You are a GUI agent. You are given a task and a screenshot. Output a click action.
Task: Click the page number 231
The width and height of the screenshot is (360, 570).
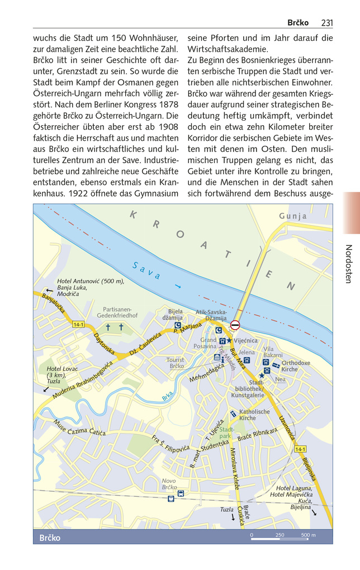pos(327,22)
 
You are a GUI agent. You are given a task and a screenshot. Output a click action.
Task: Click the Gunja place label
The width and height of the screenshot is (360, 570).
pos(293,216)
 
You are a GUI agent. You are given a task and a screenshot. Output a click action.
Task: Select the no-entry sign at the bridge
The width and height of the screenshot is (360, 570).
pos(235,325)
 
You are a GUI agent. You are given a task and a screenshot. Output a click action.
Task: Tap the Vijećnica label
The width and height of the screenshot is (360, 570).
pos(246,340)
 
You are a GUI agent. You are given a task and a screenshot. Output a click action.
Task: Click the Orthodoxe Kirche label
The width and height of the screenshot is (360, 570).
pos(296,366)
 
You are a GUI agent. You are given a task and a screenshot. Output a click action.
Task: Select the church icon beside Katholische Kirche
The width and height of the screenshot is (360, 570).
pos(233,414)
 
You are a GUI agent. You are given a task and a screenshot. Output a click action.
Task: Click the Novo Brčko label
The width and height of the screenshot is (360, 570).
pos(169,484)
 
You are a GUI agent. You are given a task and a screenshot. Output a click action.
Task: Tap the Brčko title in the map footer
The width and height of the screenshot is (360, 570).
pos(50,538)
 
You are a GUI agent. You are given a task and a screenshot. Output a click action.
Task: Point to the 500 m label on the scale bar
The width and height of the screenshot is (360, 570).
pos(308,535)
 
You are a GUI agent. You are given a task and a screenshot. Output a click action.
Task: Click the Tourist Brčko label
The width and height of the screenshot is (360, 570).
pos(175,363)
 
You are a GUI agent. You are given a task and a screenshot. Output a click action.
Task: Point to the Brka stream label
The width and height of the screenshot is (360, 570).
pos(167,398)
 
